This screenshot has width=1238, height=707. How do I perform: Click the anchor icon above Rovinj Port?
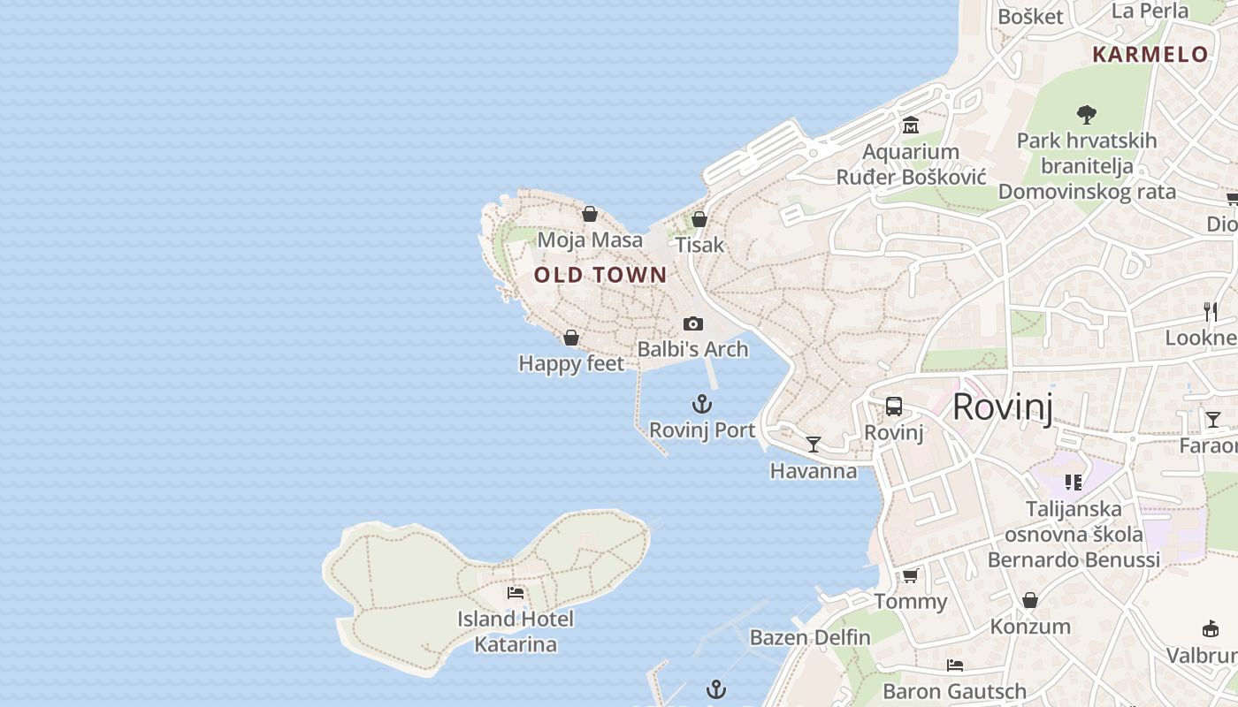701,405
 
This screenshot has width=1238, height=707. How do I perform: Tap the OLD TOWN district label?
600,275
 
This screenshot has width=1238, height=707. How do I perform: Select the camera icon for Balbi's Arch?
693,324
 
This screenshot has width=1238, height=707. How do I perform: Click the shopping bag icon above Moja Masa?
590,214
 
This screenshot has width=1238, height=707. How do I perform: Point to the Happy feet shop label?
571,363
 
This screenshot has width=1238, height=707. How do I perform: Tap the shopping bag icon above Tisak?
699,219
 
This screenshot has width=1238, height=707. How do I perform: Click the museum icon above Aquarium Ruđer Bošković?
911,126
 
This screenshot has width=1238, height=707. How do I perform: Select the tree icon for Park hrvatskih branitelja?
1087,114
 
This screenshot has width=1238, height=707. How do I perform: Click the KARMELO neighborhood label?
1150,54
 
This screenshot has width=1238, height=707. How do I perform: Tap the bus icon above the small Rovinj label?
894,407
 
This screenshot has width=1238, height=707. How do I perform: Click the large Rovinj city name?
1003,407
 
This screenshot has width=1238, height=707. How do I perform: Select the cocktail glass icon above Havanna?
814,445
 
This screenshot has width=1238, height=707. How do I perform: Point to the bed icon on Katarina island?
516,593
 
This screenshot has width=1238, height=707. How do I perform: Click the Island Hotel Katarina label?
516,632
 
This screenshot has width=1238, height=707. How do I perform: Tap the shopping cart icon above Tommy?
910,576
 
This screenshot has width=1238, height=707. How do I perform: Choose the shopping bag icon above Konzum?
1030,601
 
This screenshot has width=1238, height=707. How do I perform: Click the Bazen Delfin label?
810,637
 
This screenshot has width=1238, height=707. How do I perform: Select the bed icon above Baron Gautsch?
955,665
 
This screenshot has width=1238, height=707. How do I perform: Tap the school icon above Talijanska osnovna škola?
1074,483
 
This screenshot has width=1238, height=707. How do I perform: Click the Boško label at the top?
1030,16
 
